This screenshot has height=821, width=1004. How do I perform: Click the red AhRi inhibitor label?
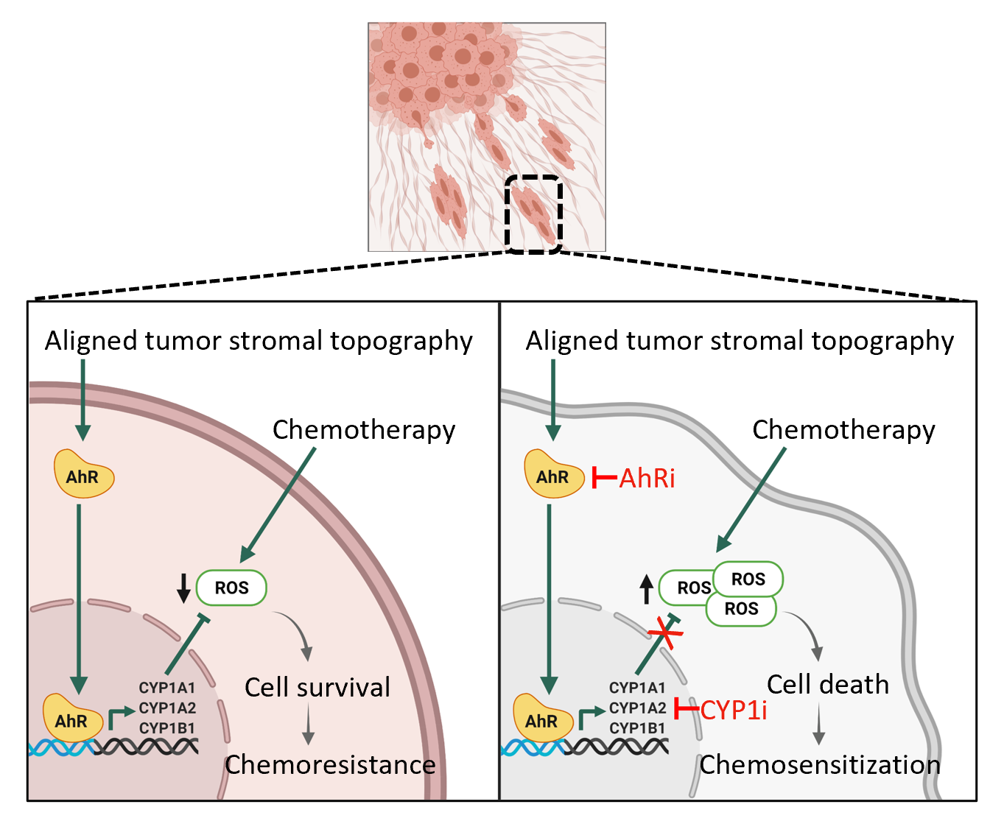pos(647,478)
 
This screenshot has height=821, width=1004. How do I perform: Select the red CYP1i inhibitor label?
pos(733,710)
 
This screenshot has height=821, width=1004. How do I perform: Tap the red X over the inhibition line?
pos(664,633)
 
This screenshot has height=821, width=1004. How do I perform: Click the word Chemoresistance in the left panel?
pos(330,764)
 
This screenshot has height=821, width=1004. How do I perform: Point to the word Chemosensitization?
pos(819,764)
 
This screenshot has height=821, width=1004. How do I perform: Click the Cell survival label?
pos(317,687)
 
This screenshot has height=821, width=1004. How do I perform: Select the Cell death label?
pos(827,684)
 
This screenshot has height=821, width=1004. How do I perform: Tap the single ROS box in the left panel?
pos(231,588)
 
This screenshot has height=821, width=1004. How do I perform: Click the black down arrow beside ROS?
pos(183,588)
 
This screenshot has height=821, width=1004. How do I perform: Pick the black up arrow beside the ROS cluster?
pos(646,589)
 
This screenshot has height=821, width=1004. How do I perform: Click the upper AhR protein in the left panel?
pos(84,475)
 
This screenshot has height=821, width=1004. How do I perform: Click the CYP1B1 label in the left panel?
pos(166,728)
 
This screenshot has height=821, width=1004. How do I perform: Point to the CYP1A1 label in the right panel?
pos(637,688)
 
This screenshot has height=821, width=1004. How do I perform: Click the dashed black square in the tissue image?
pos(534,214)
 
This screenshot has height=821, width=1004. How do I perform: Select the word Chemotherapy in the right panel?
pos(843,429)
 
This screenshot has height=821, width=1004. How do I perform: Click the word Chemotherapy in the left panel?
pos(364,429)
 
